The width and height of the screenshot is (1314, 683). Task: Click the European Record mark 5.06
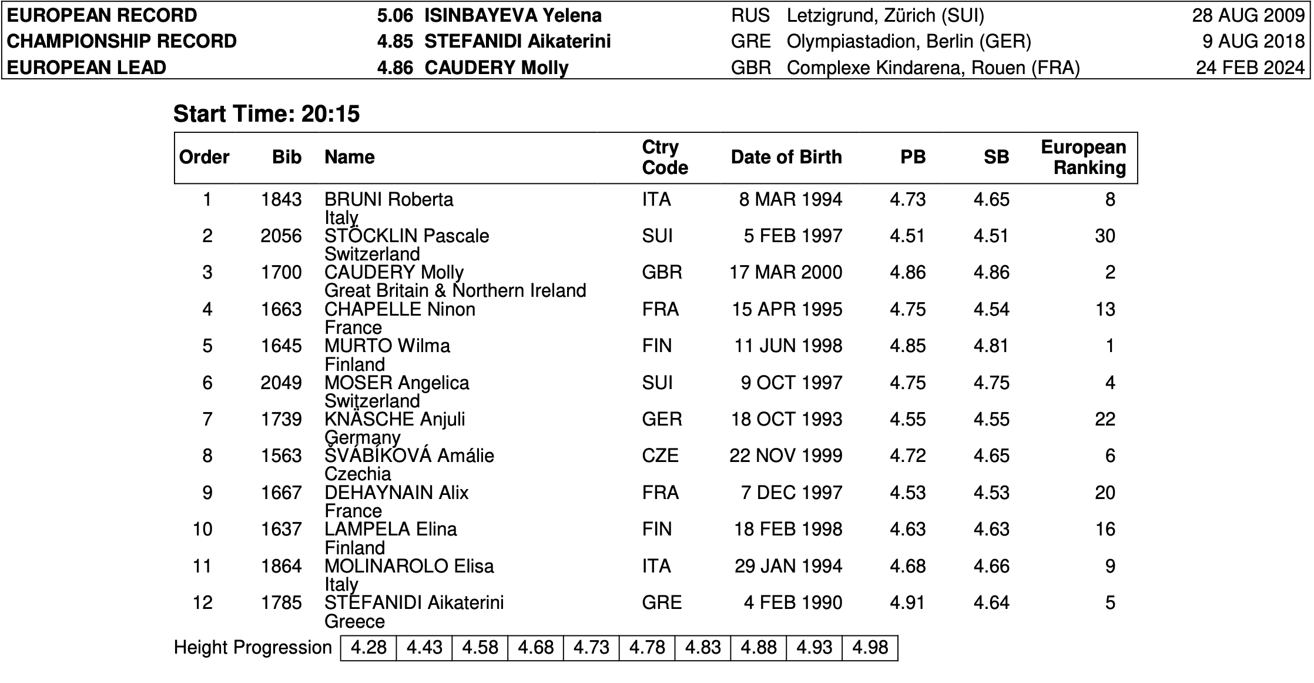click(x=395, y=15)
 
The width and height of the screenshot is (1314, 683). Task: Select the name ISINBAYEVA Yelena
click(x=512, y=15)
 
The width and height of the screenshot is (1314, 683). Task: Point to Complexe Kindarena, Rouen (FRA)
click(x=933, y=68)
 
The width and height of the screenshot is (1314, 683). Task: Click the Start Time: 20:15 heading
click(x=266, y=113)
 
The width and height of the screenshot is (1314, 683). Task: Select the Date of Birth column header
click(x=786, y=157)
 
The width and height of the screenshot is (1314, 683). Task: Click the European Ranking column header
click(x=1083, y=157)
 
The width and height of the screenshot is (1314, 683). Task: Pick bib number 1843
click(x=281, y=199)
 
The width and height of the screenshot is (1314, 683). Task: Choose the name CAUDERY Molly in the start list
click(x=394, y=272)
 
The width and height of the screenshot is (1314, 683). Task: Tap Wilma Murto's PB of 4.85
click(x=907, y=346)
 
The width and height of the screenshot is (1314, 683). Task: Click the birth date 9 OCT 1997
click(x=791, y=383)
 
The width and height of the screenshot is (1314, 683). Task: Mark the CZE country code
click(x=660, y=456)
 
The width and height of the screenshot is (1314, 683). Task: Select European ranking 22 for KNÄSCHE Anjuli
click(x=1104, y=419)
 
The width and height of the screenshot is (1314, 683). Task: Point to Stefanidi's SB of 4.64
click(x=991, y=602)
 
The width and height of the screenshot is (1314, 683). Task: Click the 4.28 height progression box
click(x=368, y=647)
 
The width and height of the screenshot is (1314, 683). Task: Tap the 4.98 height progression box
click(x=870, y=647)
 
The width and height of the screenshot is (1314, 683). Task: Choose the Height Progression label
click(x=253, y=647)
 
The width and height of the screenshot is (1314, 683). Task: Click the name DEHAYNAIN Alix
click(x=396, y=492)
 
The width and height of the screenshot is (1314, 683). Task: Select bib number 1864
click(x=281, y=566)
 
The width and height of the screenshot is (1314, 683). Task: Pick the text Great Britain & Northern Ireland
click(x=455, y=290)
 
